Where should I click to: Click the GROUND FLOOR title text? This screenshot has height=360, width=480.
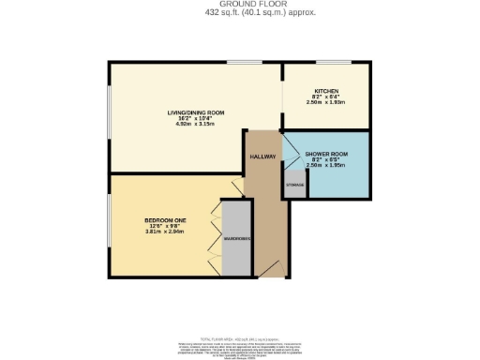click(239, 5)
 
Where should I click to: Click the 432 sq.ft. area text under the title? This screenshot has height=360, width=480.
click(239, 12)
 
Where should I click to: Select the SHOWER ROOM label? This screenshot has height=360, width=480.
click(326, 153)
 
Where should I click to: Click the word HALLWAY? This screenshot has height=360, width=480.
click(262, 157)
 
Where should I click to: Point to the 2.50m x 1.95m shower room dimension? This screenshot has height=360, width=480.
click(326, 164)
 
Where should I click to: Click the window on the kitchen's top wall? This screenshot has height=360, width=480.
click(334, 63)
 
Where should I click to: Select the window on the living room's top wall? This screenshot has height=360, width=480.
click(245, 63)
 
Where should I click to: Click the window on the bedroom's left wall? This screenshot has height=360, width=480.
click(108, 223)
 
